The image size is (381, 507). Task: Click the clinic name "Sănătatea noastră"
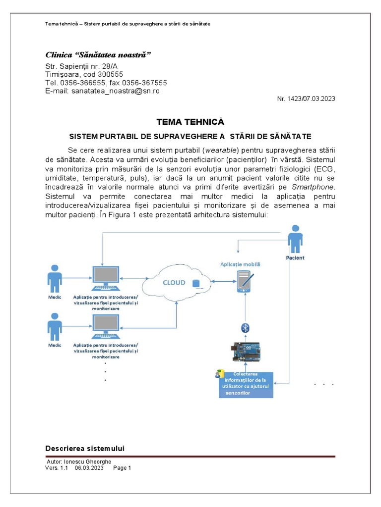pos(98,54)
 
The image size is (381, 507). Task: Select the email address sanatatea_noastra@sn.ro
pos(116,91)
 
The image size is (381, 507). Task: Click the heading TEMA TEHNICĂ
pos(190,122)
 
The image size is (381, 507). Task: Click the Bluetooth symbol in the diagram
pos(245,327)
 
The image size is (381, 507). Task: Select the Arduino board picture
pos(246,351)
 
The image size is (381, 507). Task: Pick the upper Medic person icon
pos(55,278)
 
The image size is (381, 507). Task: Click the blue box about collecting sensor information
pos(247,384)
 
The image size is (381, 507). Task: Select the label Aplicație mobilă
pos(241,264)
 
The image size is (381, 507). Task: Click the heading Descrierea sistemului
pos(85,449)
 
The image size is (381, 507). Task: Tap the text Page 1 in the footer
pos(122,468)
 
